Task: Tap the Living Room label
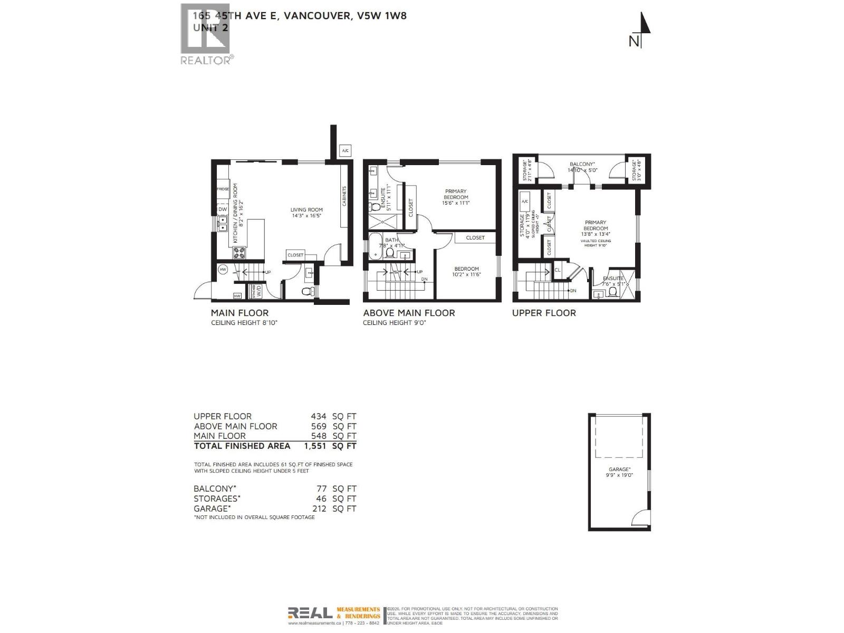306,213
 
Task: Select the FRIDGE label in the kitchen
223,189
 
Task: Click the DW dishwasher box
223,209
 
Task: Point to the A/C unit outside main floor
346,151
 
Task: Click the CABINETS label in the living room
344,196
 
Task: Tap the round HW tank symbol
223,270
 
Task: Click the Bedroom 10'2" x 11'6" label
466,272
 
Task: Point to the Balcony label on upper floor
582,167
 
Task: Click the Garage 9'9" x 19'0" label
619,472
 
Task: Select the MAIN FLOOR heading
239,313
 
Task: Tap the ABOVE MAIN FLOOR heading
409,313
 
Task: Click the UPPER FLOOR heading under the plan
544,313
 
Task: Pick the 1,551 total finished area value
315,446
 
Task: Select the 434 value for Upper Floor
319,416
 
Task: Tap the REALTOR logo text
205,60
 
